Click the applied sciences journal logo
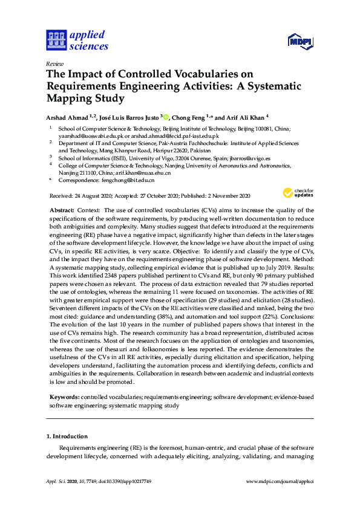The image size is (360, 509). (x=77, y=41)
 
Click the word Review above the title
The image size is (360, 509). (x=54, y=63)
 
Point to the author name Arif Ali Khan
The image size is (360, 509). (x=246, y=118)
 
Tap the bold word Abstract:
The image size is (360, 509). (x=62, y=208)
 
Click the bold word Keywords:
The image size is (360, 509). (x=64, y=397)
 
